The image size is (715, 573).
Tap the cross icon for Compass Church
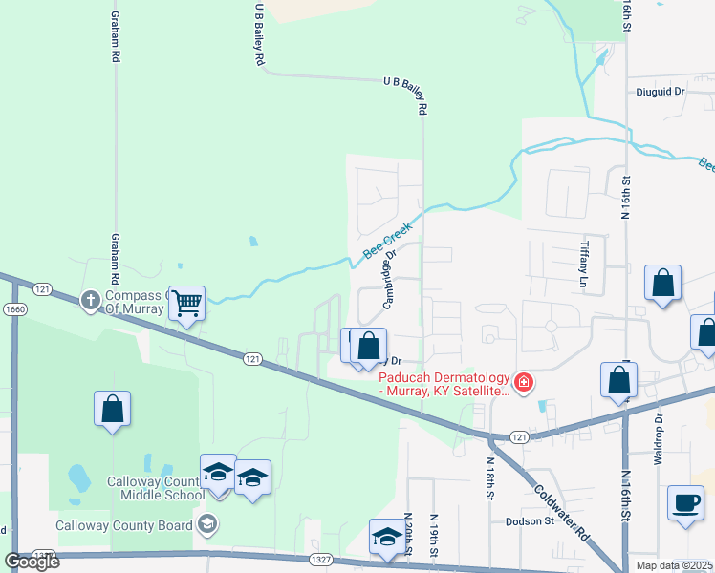click(x=91, y=301)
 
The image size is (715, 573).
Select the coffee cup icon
click(x=685, y=502)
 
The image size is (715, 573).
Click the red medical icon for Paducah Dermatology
click(x=523, y=383)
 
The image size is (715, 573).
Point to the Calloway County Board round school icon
click(x=207, y=523)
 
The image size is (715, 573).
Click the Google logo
click(x=32, y=562)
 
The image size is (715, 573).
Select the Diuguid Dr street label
click(x=661, y=92)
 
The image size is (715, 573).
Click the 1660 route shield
click(x=14, y=308)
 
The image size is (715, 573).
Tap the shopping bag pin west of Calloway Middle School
click(x=113, y=409)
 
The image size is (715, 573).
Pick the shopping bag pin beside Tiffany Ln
click(x=662, y=284)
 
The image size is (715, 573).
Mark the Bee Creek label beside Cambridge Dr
click(x=386, y=243)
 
